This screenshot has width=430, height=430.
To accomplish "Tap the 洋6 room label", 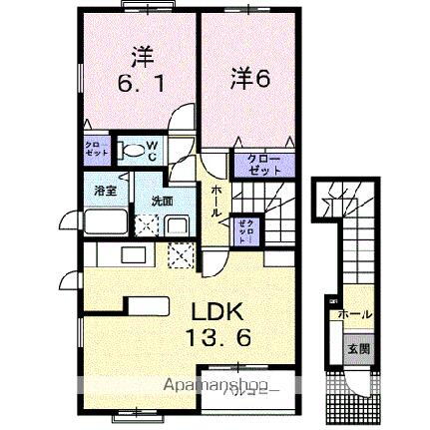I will point(251,76).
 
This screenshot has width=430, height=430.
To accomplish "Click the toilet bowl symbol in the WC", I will point(131,152).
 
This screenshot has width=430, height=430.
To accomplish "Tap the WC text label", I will point(152,152).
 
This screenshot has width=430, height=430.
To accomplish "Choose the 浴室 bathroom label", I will point(105,190).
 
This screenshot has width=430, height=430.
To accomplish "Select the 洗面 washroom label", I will point(161,201).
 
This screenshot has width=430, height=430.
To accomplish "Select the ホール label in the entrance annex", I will point(355,315).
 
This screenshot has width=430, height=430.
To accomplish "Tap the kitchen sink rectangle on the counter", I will point(135,254).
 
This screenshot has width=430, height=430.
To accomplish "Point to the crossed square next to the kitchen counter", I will point(181,254).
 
